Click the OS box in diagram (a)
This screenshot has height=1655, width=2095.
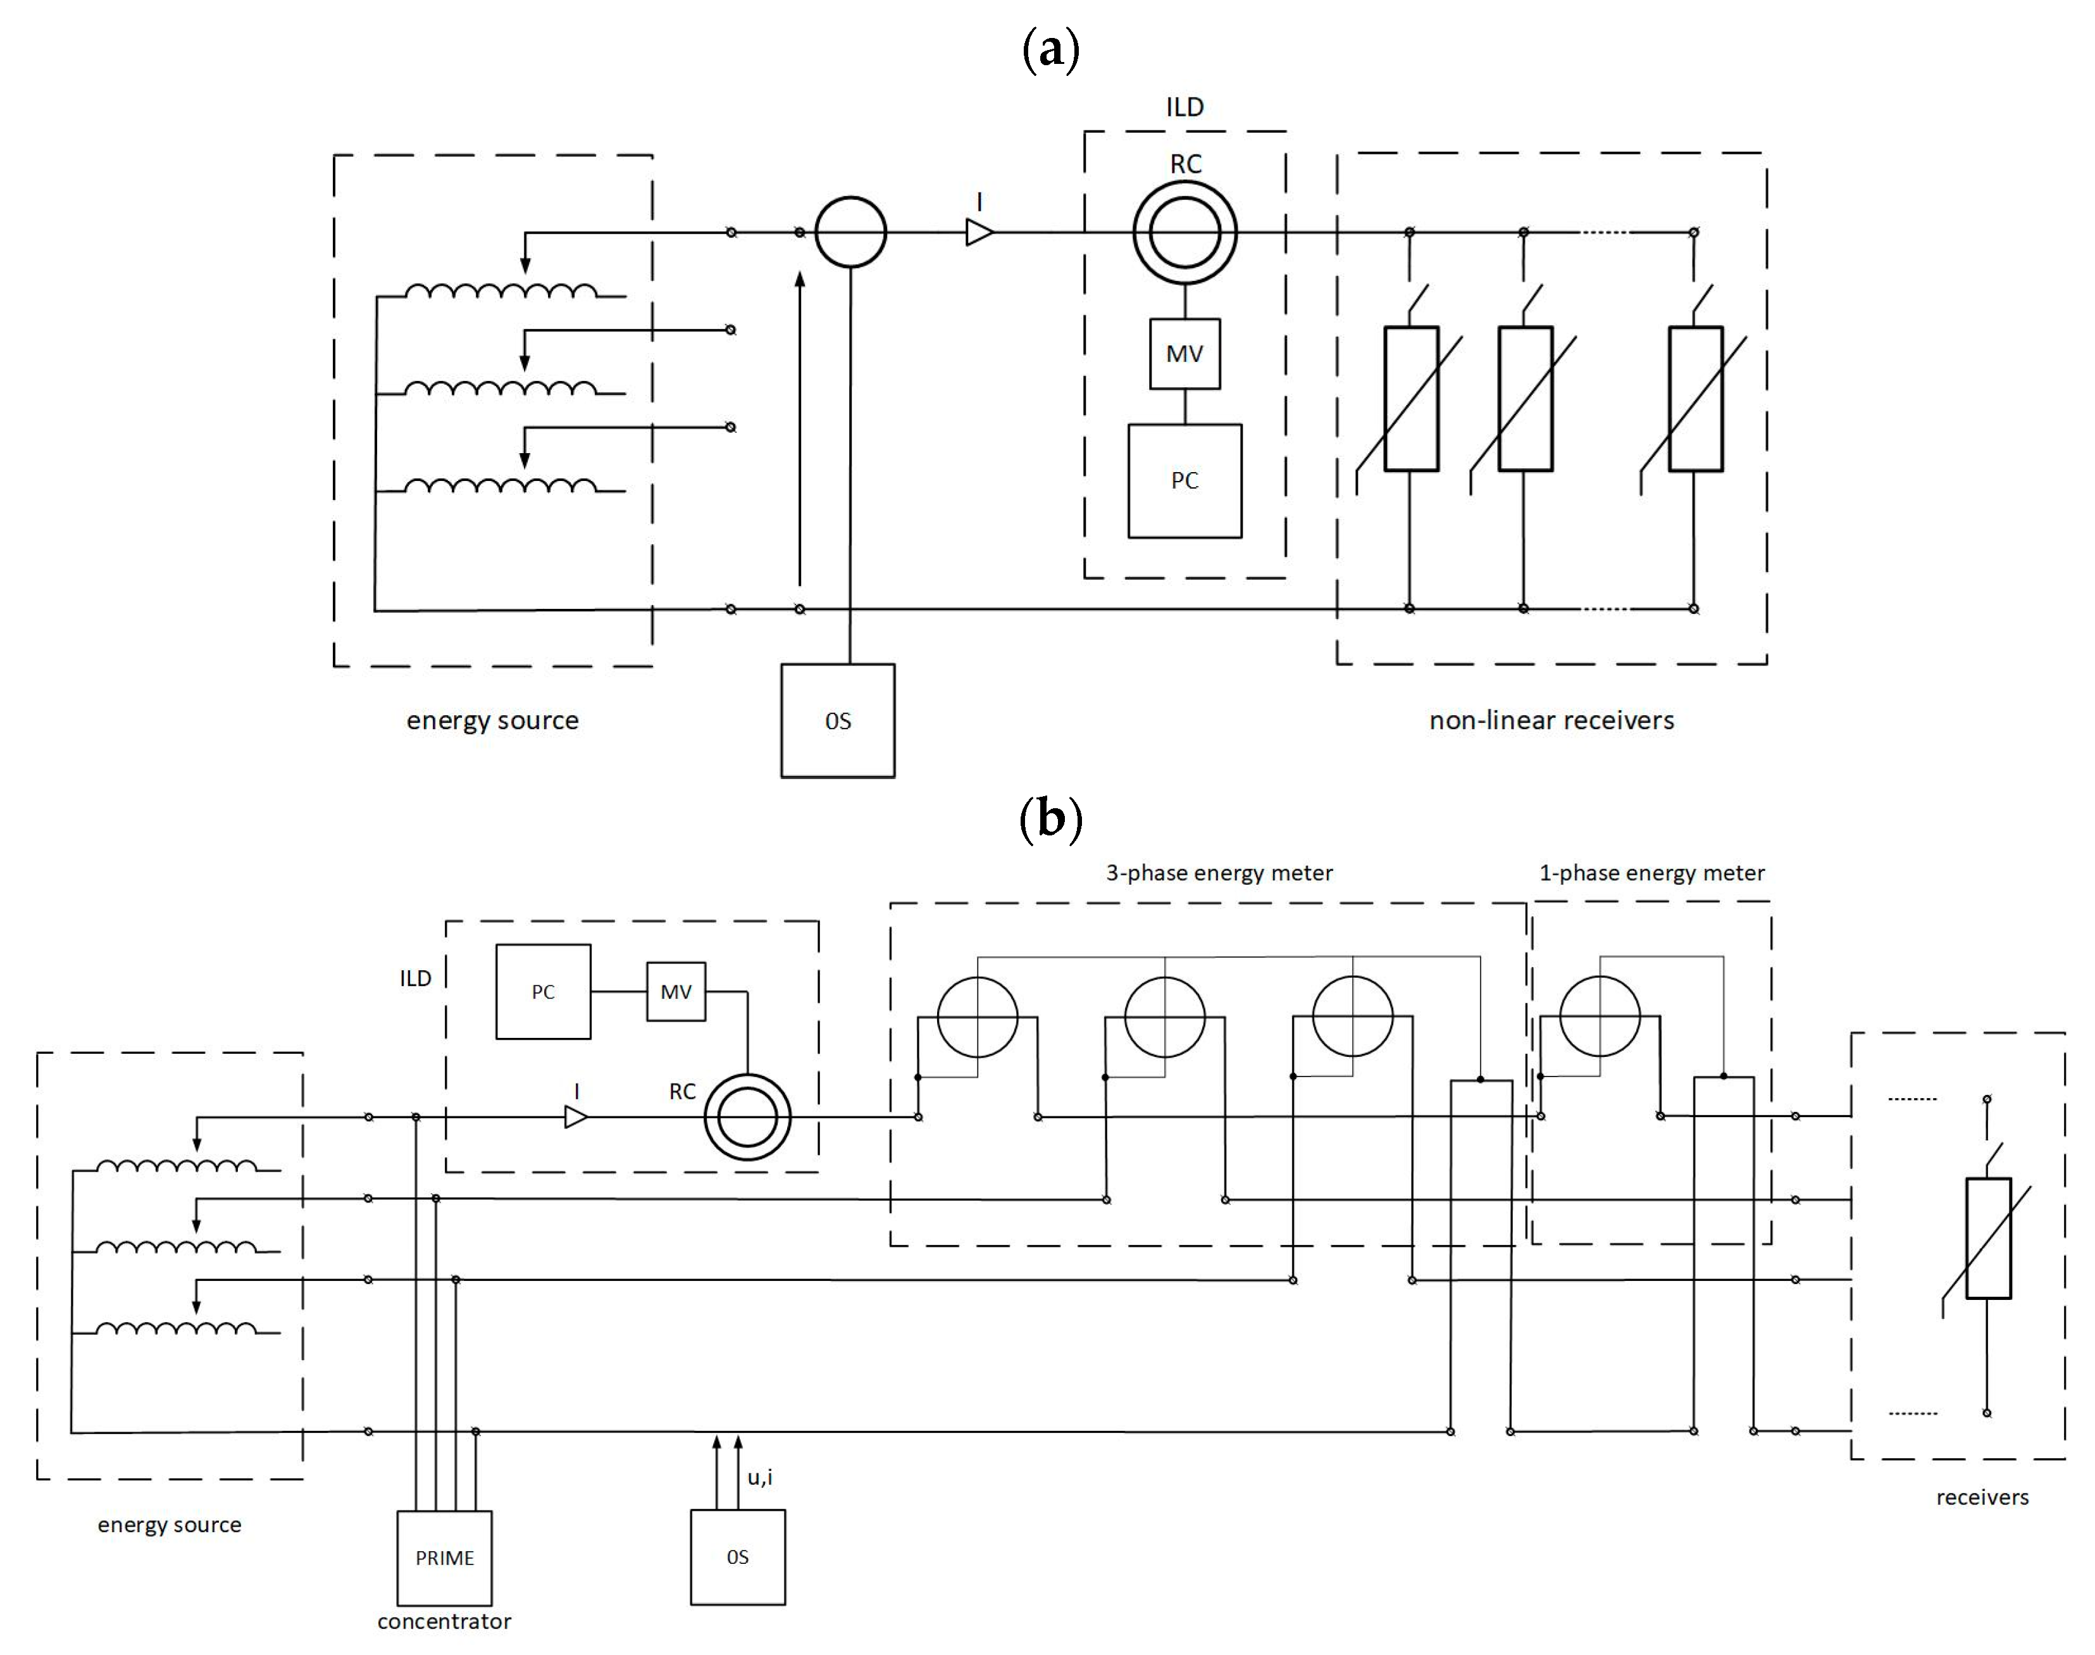click(838, 720)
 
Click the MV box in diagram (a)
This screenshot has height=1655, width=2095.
click(1184, 354)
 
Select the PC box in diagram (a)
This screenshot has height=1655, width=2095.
click(1184, 480)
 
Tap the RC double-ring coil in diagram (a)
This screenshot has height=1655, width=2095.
click(1184, 232)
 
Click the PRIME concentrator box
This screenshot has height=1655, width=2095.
click(445, 1557)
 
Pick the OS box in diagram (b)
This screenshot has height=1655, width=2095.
click(737, 1556)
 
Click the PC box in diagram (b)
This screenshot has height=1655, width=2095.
click(544, 991)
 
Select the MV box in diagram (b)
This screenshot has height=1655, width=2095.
click(676, 991)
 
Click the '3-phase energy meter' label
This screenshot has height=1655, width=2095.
click(1219, 873)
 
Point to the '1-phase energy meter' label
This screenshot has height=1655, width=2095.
click(1651, 873)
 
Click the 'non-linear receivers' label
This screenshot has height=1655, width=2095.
click(1551, 720)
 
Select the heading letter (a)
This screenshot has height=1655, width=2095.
click(1051, 51)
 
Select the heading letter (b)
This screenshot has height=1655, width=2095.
click(1051, 819)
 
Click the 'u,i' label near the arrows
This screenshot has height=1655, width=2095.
click(761, 1477)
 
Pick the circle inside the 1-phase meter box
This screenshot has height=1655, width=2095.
click(1600, 1016)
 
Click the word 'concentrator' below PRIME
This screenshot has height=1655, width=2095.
click(445, 1621)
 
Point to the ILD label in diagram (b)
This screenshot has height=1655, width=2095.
click(416, 978)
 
